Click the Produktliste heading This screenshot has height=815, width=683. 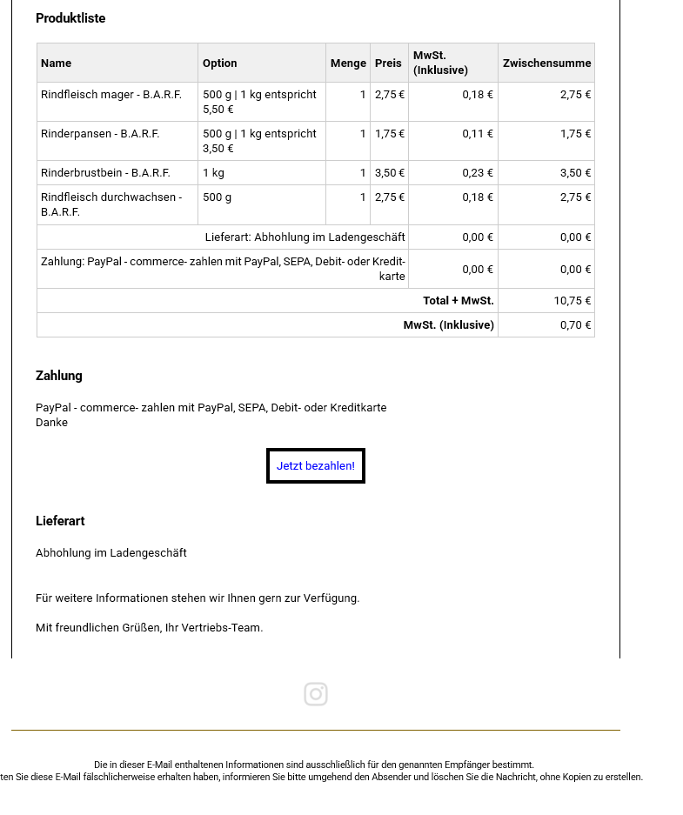click(70, 18)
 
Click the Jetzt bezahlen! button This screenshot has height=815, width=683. click(316, 466)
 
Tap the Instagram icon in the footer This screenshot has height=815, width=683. click(316, 694)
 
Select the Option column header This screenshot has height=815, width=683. click(220, 63)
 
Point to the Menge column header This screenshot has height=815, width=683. click(348, 63)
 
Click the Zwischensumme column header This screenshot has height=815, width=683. click(546, 63)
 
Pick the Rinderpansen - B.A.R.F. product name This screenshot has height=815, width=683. click(100, 134)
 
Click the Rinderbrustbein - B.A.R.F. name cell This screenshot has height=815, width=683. click(105, 173)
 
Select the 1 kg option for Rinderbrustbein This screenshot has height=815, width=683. click(213, 173)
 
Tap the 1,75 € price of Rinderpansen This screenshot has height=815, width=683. click(390, 134)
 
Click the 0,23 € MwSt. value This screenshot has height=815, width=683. click(478, 173)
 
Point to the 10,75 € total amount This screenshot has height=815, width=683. click(573, 301)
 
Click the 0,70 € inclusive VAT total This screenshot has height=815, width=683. click(576, 325)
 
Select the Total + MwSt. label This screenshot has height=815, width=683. click(458, 301)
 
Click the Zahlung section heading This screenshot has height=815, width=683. click(59, 376)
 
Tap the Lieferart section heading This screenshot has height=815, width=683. click(60, 521)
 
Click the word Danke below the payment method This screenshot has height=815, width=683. click(51, 423)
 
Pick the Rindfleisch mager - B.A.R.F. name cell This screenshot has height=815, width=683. click(111, 95)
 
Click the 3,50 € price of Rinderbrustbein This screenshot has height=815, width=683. click(390, 173)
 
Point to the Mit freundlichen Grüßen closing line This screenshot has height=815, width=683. click(149, 628)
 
